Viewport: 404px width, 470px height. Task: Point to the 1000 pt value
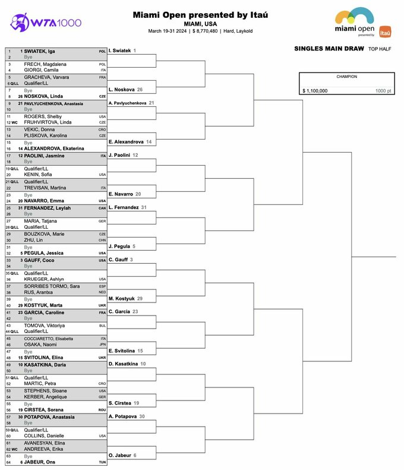pyautogui.click(x=384, y=91)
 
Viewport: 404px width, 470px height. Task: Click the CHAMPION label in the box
pyautogui.click(x=346, y=77)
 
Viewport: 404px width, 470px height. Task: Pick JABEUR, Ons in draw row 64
pyautogui.click(x=39, y=462)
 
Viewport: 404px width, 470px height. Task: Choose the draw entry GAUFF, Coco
pyautogui.click(x=40, y=260)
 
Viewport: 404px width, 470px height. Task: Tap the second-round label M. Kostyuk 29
pyautogui.click(x=125, y=298)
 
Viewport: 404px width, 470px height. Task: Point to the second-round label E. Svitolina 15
pyautogui.click(x=126, y=351)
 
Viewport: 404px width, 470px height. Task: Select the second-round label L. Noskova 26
pyautogui.click(x=125, y=89)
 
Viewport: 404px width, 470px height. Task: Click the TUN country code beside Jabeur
pyautogui.click(x=102, y=462)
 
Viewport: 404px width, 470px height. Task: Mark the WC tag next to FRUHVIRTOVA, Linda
pyautogui.click(x=15, y=122)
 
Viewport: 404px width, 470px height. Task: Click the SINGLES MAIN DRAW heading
pyautogui.click(x=329, y=49)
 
